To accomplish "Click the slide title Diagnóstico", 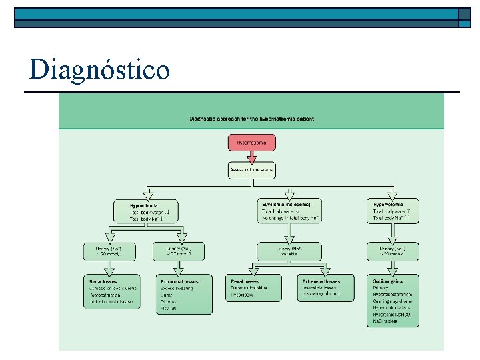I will pos(99,69).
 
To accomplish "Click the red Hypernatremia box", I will pos(251,142).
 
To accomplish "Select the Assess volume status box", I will pos(251,171).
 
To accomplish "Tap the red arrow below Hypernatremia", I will pos(251,157).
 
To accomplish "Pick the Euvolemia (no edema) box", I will pos(289,211).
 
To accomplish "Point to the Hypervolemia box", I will pos(393,211).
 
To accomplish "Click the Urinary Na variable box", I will pos(289,251).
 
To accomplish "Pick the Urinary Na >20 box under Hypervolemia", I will pos(393,251).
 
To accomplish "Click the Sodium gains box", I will pos(393,300).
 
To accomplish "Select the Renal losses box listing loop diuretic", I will pos(112,291).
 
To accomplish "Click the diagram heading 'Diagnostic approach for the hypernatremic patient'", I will pos(251,119).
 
